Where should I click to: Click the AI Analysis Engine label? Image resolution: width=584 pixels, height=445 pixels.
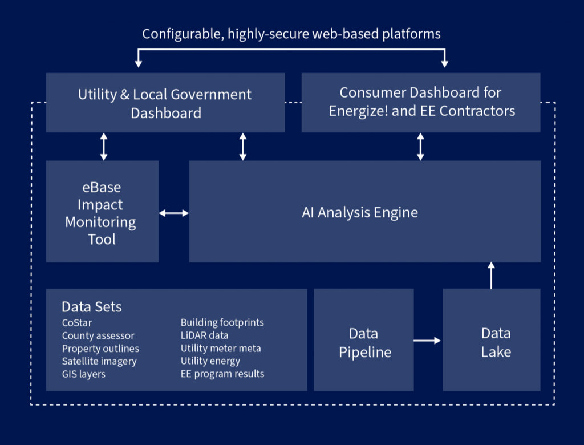pyautogui.click(x=360, y=212)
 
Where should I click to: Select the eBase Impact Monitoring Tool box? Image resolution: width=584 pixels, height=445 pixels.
pyautogui.click(x=102, y=211)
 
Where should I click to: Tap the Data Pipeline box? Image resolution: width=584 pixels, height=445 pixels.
pyautogui.click(x=363, y=340)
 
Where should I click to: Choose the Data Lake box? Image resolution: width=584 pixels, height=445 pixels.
pyautogui.click(x=491, y=340)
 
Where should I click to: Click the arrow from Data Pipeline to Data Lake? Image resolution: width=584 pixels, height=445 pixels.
pyautogui.click(x=427, y=340)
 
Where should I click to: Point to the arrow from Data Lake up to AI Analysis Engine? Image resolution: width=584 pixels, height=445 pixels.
pyautogui.click(x=491, y=276)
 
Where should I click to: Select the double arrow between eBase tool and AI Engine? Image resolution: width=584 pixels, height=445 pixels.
pyautogui.click(x=174, y=213)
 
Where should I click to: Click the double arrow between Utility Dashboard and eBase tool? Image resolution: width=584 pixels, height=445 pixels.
pyautogui.click(x=104, y=147)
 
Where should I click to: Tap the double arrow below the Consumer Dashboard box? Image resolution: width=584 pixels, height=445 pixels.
pyautogui.click(x=420, y=147)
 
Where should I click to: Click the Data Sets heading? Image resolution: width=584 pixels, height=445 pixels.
pyautogui.click(x=92, y=307)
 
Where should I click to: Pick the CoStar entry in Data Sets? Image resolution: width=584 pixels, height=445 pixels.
pyautogui.click(x=77, y=323)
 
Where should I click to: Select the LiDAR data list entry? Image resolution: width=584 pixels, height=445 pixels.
pyautogui.click(x=205, y=335)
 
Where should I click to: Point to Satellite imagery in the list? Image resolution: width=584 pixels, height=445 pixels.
pyautogui.click(x=99, y=362)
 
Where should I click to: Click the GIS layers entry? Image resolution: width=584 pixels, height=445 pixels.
pyautogui.click(x=84, y=374)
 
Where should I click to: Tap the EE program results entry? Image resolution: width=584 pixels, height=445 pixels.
pyautogui.click(x=222, y=374)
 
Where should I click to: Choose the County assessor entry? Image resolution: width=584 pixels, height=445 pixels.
pyautogui.click(x=98, y=336)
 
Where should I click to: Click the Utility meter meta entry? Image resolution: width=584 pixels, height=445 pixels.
pyautogui.click(x=221, y=349)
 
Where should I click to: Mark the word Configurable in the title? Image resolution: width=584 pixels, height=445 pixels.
pyautogui.click(x=183, y=34)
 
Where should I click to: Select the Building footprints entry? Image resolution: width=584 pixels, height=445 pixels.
pyautogui.click(x=222, y=323)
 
